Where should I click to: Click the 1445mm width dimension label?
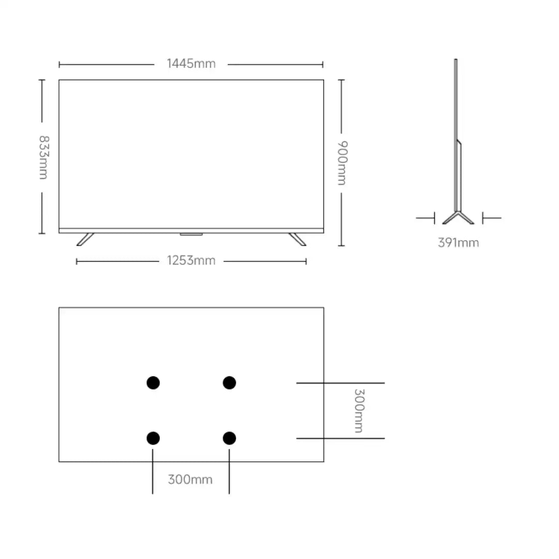point(191,64)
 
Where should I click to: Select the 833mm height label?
point(43,157)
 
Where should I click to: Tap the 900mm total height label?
point(342,163)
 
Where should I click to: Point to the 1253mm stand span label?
point(191,260)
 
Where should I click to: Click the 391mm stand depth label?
point(459,243)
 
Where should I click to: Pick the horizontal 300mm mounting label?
point(190,479)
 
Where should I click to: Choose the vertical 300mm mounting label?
point(359,410)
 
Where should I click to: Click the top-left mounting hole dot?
point(153,383)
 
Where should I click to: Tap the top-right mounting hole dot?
point(229,383)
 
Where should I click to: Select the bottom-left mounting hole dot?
point(153,438)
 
